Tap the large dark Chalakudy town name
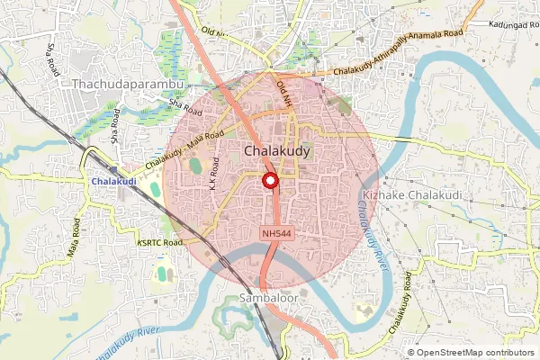278,152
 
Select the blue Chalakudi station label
113,182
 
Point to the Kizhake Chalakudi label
412,195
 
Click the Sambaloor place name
267,297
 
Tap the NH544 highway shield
276,233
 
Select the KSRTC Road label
160,242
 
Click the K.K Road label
213,174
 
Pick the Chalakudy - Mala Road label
184,148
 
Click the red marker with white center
270,183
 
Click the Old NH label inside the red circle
285,94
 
